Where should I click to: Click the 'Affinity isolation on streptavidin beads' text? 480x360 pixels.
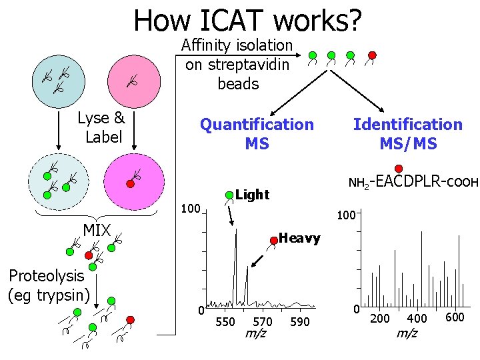[x=238, y=65]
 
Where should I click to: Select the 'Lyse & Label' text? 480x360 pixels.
[x=101, y=127]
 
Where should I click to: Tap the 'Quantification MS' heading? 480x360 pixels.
[x=257, y=133]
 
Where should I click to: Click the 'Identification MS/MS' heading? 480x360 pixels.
[x=407, y=133]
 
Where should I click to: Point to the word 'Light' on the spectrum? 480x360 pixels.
[x=253, y=195]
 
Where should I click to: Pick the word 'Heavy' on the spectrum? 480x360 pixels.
[x=299, y=238]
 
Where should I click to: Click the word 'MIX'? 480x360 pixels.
[x=97, y=231]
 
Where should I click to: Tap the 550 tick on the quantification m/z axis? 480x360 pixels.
[x=225, y=322]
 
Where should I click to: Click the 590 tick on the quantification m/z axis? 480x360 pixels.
[x=301, y=322]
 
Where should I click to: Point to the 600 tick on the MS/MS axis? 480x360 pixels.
[x=454, y=317]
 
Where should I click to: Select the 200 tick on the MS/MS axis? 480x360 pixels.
[x=380, y=318]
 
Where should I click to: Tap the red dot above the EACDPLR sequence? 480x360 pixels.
[x=399, y=168]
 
